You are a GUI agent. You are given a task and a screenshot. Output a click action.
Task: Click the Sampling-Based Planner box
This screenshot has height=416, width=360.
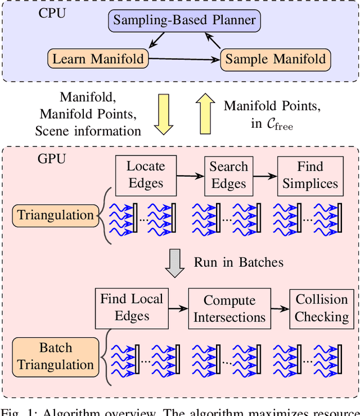184,21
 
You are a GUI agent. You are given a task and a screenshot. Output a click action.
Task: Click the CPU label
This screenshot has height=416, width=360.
52,12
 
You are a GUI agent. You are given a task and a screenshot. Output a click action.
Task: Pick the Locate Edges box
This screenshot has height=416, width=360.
146,175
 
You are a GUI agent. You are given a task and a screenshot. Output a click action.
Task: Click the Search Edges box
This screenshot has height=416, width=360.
228,175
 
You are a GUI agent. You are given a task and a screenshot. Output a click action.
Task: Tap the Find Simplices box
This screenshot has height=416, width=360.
310,175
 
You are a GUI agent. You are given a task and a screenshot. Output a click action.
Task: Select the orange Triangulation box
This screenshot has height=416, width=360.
55,215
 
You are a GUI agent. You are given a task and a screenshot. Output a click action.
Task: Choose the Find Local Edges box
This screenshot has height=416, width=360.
132,307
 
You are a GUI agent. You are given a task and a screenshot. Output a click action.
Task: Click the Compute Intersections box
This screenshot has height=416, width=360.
229,309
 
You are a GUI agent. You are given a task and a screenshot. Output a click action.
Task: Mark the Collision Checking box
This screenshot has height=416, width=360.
322,308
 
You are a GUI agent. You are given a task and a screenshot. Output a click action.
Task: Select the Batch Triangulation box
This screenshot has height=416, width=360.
55,356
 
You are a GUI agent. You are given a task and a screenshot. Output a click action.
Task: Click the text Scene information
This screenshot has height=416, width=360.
88,131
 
